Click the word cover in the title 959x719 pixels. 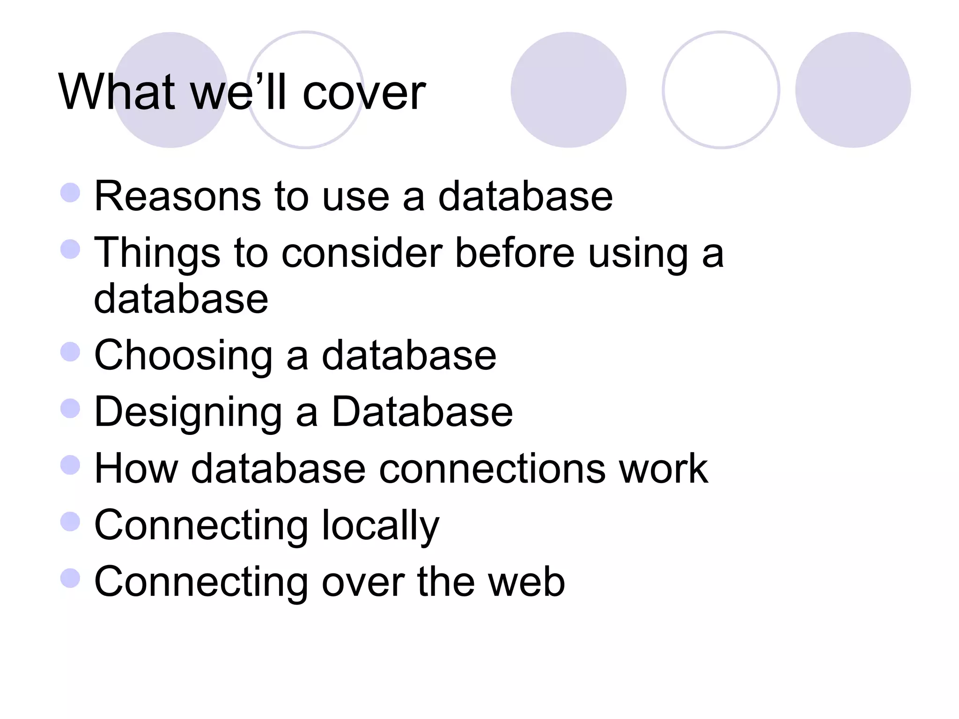[364, 94]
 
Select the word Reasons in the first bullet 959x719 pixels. [177, 197]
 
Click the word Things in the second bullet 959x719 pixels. [157, 253]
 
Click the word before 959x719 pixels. [515, 253]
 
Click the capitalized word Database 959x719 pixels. [422, 412]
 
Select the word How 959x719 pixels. [136, 469]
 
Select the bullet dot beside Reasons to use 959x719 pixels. [71, 192]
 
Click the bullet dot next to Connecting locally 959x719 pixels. [71, 521]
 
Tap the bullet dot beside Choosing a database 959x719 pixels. [71, 352]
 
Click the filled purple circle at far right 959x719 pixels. [853, 90]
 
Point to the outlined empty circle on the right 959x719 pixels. [721, 90]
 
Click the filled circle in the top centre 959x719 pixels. [568, 90]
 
